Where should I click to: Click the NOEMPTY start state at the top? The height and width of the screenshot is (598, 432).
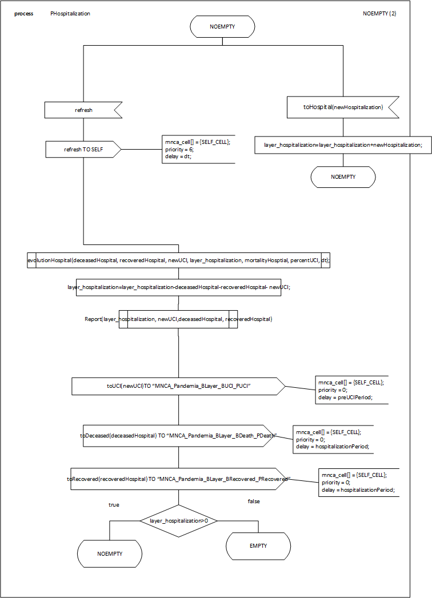point(222,27)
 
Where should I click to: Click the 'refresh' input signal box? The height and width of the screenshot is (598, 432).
point(83,110)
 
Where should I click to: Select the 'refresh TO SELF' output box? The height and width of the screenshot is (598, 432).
point(83,150)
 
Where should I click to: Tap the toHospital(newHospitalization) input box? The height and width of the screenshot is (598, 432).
point(342,107)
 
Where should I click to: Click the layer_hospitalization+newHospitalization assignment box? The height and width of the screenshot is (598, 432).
point(343,145)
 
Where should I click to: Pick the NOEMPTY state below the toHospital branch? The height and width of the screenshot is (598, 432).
point(343,177)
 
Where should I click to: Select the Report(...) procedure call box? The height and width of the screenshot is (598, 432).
point(178,319)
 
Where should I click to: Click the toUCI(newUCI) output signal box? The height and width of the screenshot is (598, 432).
point(178,386)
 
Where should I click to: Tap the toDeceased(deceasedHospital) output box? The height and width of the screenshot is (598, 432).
point(178,436)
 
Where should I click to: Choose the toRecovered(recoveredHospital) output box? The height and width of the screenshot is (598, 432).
point(178,479)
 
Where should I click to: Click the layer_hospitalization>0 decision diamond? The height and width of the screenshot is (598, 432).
point(178,521)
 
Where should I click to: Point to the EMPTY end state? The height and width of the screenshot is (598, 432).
point(258,546)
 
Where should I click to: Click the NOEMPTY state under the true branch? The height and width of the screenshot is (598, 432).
point(110,553)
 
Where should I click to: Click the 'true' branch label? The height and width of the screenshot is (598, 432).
point(114,505)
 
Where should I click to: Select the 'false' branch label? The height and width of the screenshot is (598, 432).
point(253,501)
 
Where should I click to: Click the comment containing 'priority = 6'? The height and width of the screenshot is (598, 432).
point(198,150)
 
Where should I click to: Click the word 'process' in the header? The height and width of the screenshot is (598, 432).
point(23,13)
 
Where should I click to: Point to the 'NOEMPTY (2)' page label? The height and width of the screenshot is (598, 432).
point(379,13)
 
